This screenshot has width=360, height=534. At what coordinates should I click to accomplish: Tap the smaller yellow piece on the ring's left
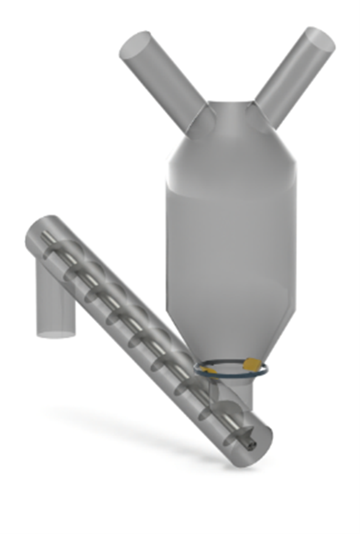coord(203,365)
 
